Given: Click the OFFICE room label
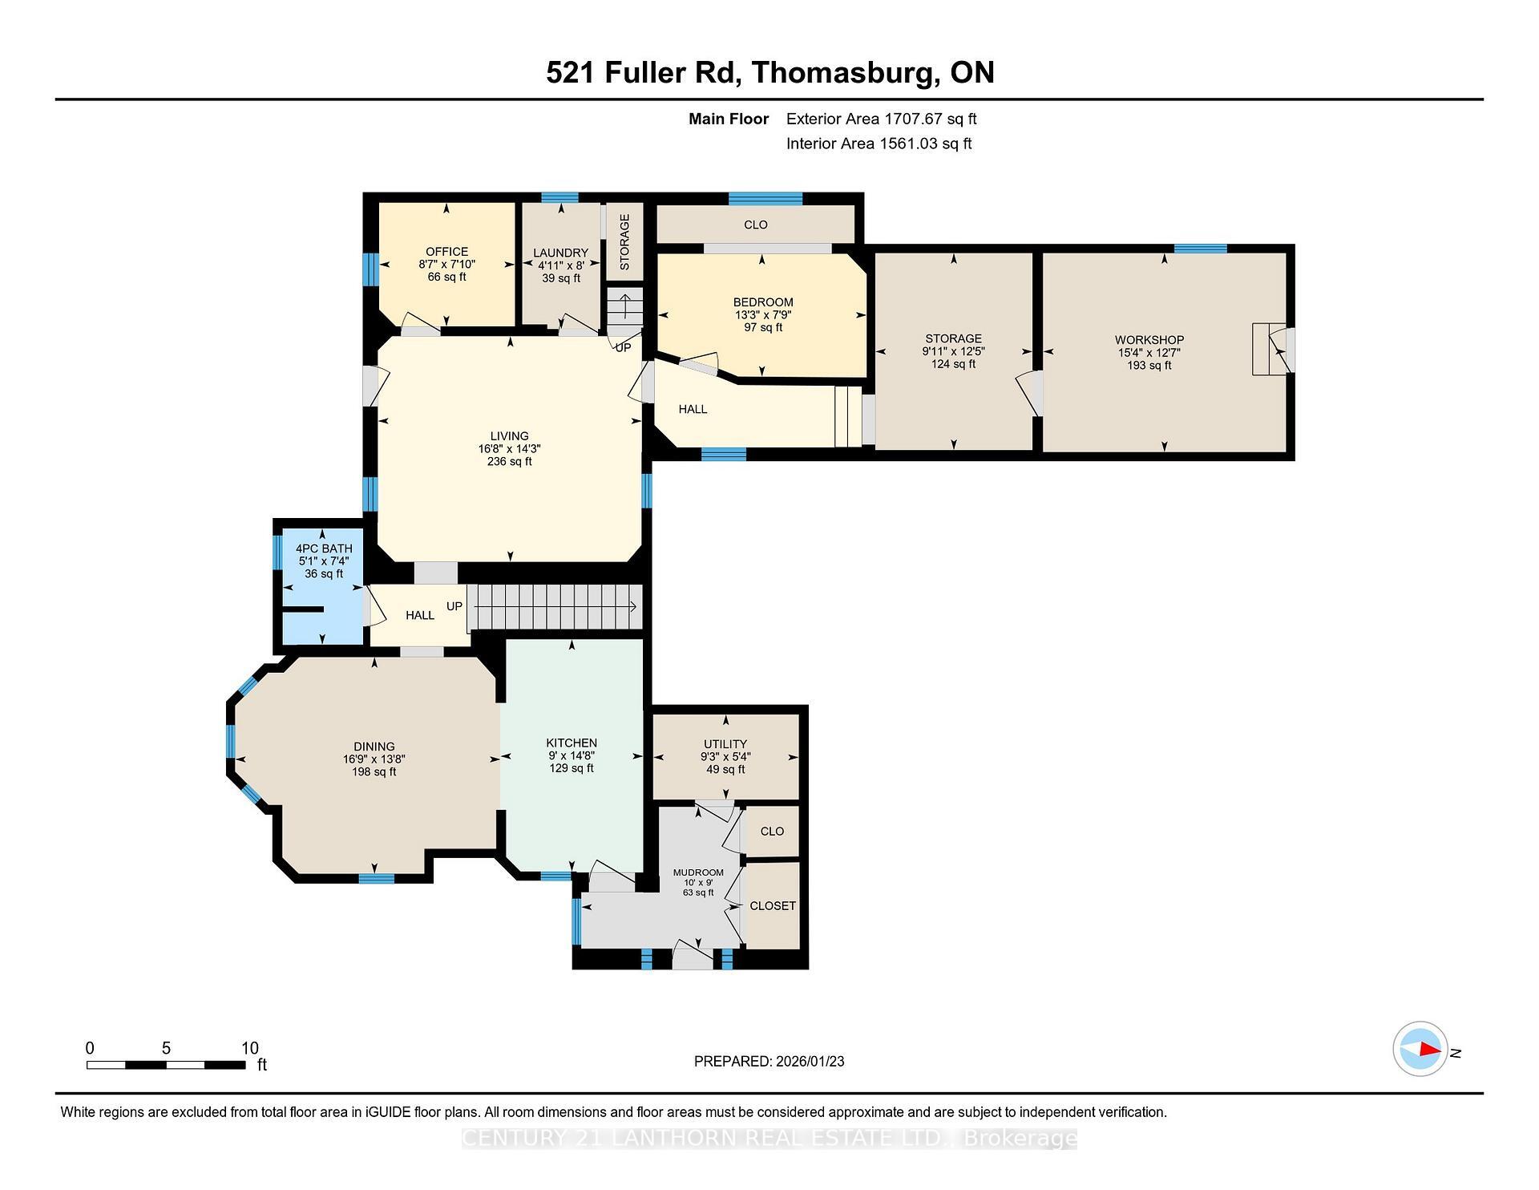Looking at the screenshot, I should [x=446, y=252].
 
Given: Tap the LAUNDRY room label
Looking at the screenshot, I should [x=560, y=253].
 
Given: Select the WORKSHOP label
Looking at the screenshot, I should [x=1149, y=340].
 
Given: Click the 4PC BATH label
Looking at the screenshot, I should [x=324, y=548].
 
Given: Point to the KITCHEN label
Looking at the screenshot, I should [x=572, y=743].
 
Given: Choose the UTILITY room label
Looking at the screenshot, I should [x=725, y=744].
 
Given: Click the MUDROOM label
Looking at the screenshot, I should [x=698, y=872].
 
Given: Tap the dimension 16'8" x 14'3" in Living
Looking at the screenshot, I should [x=509, y=449].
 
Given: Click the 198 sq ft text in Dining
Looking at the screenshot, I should [x=374, y=771].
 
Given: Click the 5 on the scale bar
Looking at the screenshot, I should [x=166, y=1048].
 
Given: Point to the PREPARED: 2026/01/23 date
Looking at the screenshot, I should [x=769, y=1061].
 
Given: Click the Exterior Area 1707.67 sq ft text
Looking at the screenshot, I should [x=881, y=119].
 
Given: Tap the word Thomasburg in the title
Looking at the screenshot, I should [x=845, y=72].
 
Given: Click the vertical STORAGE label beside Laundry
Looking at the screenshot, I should [x=624, y=242].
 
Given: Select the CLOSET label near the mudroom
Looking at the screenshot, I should [x=772, y=905].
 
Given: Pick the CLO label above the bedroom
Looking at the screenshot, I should [x=755, y=225].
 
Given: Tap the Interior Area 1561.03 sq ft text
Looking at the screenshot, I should [x=879, y=144].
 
